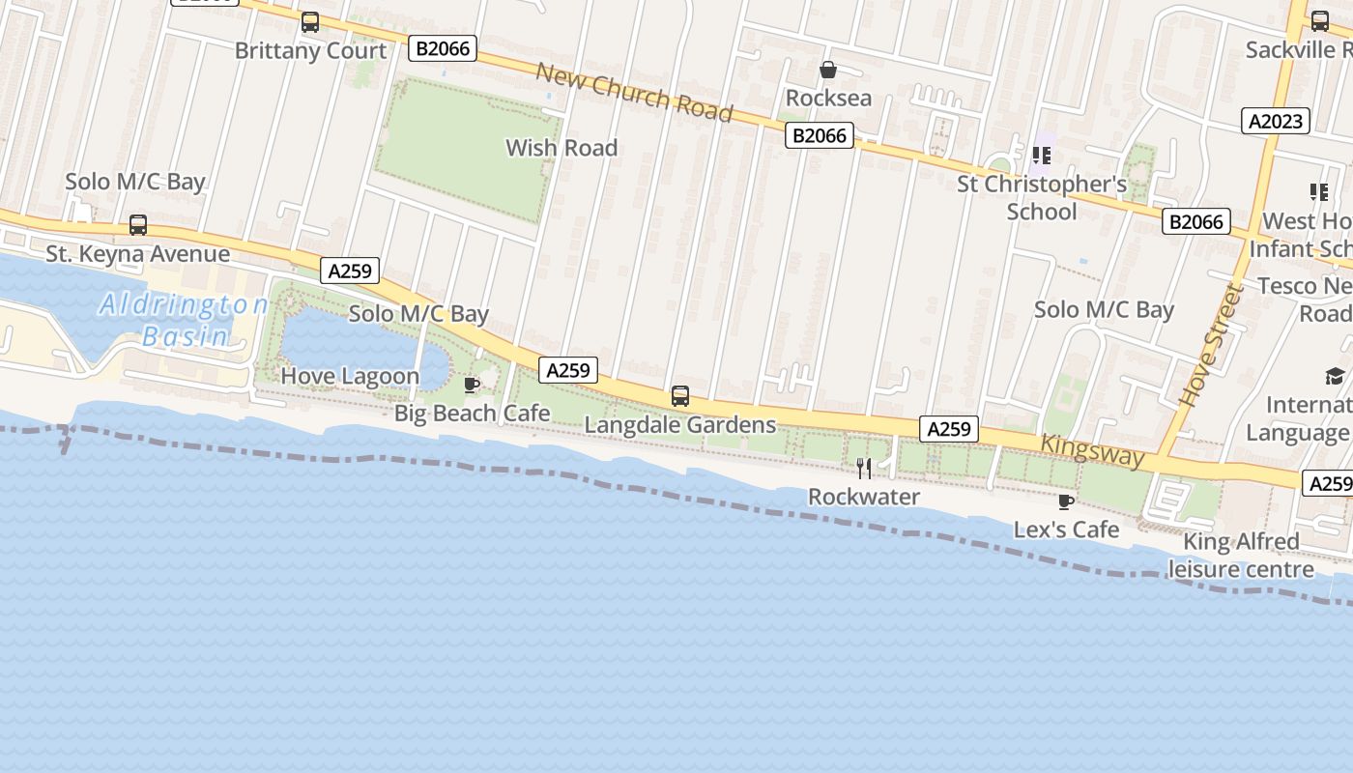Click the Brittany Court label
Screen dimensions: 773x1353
click(310, 51)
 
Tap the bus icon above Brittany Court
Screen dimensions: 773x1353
click(310, 22)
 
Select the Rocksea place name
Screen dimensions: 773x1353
click(828, 98)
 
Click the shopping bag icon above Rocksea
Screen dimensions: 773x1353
click(828, 70)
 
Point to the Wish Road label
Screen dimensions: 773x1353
click(561, 148)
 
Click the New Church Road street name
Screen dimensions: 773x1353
click(634, 93)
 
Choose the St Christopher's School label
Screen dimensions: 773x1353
click(1042, 197)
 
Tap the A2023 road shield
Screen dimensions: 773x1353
click(1276, 121)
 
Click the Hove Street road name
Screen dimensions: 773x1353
click(1208, 345)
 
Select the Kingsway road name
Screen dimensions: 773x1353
click(1092, 451)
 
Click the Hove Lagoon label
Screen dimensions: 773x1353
click(350, 376)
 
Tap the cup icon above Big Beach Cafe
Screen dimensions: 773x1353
click(472, 386)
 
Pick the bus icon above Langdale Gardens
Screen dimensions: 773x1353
click(680, 396)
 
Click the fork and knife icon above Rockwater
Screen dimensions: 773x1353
click(864, 469)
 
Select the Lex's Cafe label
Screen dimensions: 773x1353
click(1066, 530)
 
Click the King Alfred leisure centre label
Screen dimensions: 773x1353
click(1241, 555)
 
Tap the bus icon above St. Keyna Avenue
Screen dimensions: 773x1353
click(138, 225)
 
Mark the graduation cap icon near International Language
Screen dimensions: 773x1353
click(1335, 376)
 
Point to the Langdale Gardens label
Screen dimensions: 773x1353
click(680, 425)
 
